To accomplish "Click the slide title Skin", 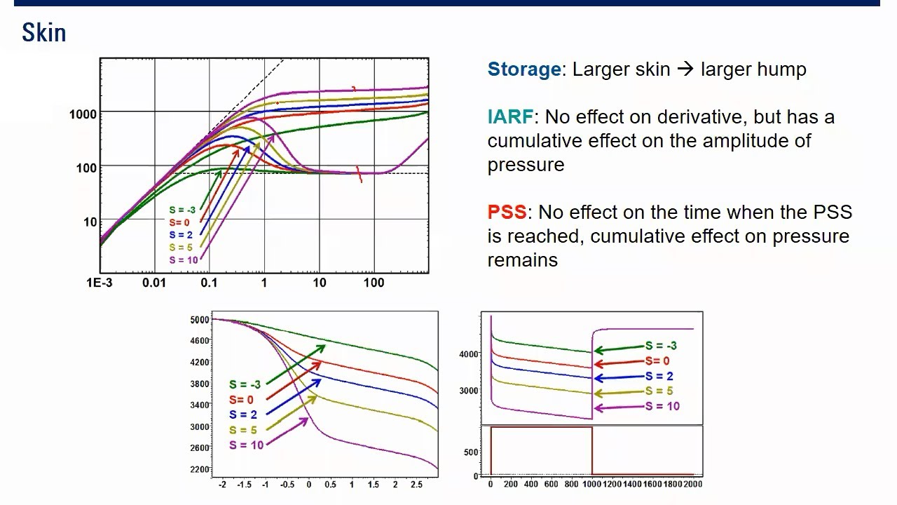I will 43,33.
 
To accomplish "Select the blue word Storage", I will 523,69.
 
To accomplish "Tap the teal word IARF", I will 510,117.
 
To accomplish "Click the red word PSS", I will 506,213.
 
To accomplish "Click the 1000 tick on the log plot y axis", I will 83,114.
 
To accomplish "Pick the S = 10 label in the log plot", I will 183,260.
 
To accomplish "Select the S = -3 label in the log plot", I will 182,210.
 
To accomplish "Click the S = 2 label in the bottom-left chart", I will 243,415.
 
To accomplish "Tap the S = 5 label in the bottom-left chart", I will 243,430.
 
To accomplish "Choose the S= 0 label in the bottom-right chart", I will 657,361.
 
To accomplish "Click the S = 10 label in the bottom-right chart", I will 662,406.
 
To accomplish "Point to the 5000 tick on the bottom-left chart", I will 199,320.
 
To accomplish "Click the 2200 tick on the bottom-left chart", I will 199,469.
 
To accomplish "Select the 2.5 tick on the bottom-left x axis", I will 416,485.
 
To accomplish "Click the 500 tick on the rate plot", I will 471,452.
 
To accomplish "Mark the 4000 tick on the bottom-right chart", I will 468,354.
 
